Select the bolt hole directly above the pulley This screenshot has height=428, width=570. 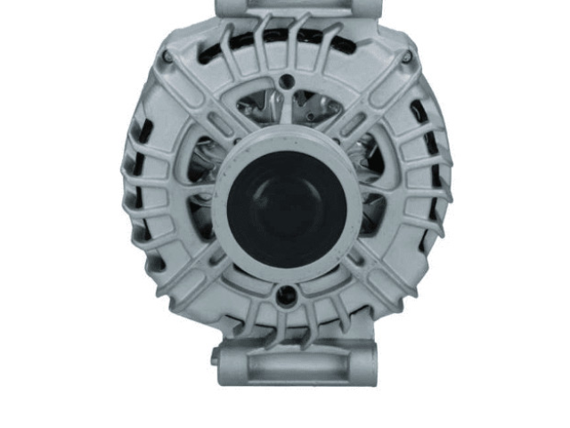285,82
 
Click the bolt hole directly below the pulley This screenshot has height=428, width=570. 285,297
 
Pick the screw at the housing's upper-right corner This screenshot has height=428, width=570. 406,57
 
